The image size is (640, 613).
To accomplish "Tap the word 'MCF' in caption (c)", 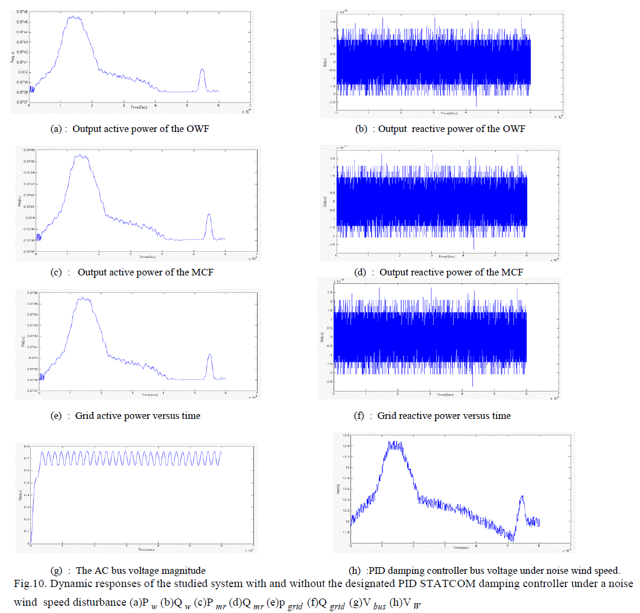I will coord(201,272).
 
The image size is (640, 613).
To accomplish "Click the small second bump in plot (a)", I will coord(202,70).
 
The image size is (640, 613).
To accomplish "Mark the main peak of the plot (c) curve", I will coord(81,156).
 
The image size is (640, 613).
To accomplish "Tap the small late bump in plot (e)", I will coord(210,355).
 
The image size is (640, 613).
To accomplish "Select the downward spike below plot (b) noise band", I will coord(477,106).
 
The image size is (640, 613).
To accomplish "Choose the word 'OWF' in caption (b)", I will coord(514,129).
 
